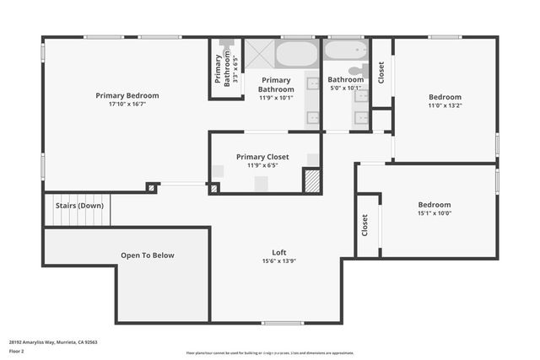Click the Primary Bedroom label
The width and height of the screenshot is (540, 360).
pyautogui.click(x=127, y=95)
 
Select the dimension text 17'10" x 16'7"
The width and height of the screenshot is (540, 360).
pyautogui.click(x=127, y=105)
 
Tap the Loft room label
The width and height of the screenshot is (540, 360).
pyautogui.click(x=278, y=252)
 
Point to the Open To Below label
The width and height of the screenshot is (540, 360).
pyautogui.click(x=147, y=255)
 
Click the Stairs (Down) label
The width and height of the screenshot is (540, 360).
pyautogui.click(x=79, y=205)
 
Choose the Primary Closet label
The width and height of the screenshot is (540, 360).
pyautogui.click(x=262, y=157)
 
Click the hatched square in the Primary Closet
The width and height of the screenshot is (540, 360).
pyautogui.click(x=311, y=181)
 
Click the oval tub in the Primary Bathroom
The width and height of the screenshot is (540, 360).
pyautogui.click(x=295, y=55)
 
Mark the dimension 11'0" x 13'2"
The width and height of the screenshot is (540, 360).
pyautogui.click(x=445, y=106)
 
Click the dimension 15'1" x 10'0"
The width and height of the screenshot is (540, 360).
pyautogui.click(x=435, y=213)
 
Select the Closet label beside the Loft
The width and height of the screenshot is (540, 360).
pyautogui.click(x=364, y=224)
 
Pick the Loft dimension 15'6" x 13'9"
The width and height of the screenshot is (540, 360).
pyautogui.click(x=278, y=261)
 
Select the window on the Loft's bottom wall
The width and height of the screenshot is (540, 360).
pyautogui.click(x=282, y=323)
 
